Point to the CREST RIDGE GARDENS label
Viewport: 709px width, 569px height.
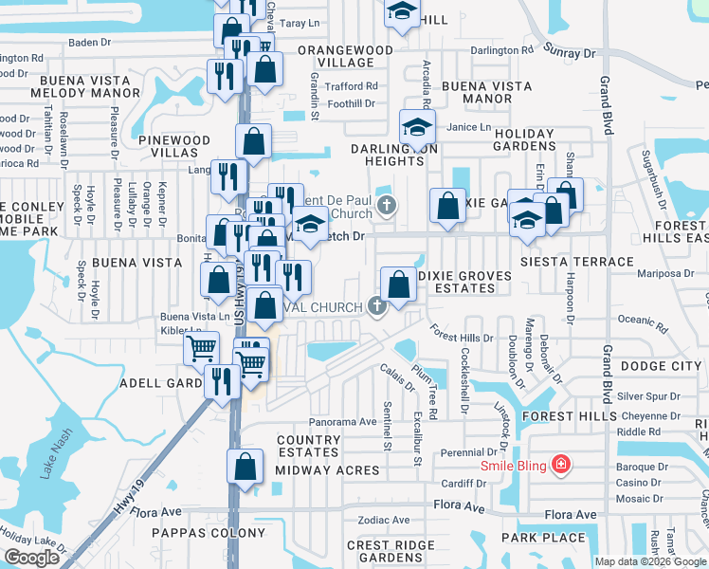coord(384,551)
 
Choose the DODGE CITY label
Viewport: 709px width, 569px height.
coord(661,366)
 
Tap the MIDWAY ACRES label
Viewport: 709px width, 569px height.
coord(327,470)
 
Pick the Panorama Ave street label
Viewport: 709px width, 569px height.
coord(343,421)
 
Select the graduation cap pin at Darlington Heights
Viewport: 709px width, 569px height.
coord(417,126)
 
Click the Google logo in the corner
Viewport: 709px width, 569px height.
coord(31,558)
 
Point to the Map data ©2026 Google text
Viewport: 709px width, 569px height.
coord(650,561)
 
